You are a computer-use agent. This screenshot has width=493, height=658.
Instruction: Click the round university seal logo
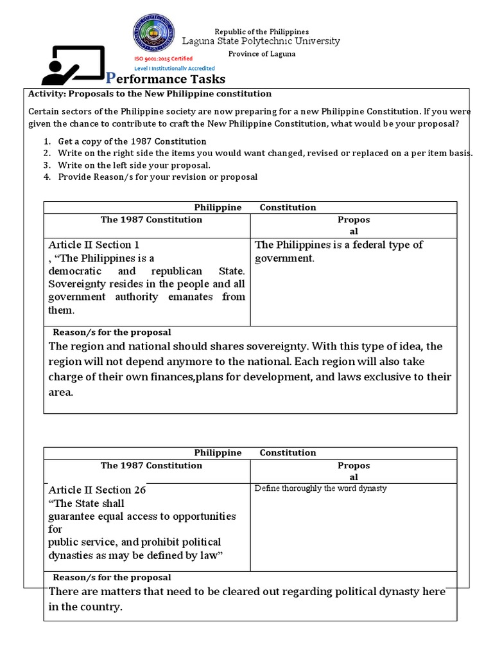pyautogui.click(x=153, y=35)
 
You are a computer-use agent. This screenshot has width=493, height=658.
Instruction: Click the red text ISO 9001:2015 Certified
pyautogui.click(x=162, y=58)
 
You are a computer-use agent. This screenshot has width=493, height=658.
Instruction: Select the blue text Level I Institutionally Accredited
pyautogui.click(x=174, y=68)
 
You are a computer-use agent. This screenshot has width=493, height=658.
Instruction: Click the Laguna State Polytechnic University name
pyautogui.click(x=261, y=41)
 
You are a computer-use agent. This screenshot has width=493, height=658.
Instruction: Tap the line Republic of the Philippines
pyautogui.click(x=261, y=31)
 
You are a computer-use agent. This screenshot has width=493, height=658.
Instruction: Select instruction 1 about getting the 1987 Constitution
pyautogui.click(x=132, y=141)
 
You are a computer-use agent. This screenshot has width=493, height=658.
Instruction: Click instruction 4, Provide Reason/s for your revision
pyautogui.click(x=157, y=177)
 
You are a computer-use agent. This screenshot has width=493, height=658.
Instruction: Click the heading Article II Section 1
pyautogui.click(x=94, y=245)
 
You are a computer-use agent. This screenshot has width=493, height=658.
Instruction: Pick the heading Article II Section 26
pyautogui.click(x=97, y=490)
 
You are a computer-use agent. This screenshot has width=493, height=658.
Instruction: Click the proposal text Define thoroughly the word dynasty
pyautogui.click(x=320, y=488)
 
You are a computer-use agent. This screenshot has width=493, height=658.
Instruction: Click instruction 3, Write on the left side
pyautogui.click(x=134, y=165)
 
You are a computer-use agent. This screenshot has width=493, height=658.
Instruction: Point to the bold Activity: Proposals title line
pyautogui.click(x=150, y=94)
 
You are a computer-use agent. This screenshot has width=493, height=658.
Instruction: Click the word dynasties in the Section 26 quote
pyautogui.click(x=73, y=555)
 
